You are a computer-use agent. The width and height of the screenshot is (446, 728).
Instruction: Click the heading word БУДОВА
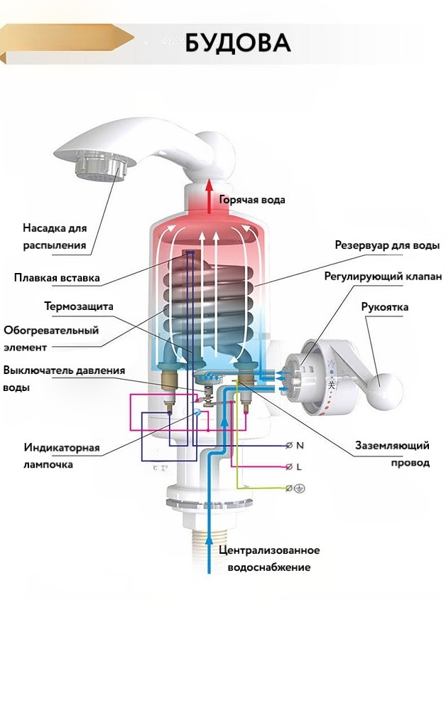(x=238, y=43)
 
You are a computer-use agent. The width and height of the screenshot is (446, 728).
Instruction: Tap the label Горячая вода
(x=252, y=200)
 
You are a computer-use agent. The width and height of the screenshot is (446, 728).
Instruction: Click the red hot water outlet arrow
(x=209, y=195)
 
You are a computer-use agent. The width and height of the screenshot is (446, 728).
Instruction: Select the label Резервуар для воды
(x=387, y=245)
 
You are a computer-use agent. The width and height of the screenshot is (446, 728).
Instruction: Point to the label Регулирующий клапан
(x=383, y=276)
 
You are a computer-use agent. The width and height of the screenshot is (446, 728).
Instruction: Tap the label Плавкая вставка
(x=57, y=277)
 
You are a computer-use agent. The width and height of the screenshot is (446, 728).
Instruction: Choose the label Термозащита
(x=79, y=306)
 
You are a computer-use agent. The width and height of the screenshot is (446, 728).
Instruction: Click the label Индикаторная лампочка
(x=61, y=456)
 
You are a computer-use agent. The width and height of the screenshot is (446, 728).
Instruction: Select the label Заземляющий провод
(x=392, y=454)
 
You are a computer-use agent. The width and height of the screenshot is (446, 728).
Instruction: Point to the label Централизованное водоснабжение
(x=269, y=559)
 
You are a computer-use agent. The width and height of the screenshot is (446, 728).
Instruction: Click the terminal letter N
(x=300, y=446)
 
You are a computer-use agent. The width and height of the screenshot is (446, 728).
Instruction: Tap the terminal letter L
(x=299, y=466)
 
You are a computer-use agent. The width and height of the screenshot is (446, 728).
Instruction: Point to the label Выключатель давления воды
(x=64, y=379)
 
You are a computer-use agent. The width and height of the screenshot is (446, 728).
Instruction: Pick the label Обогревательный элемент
(x=51, y=338)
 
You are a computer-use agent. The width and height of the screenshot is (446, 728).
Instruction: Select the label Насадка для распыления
(x=55, y=237)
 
